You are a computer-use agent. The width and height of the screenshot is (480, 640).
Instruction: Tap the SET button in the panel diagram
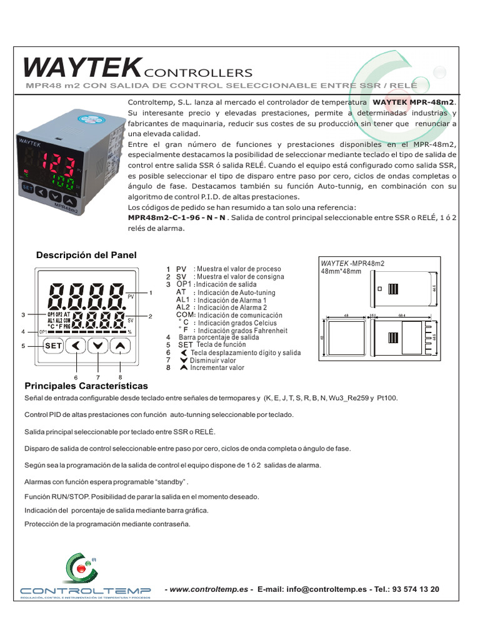tap(53, 345)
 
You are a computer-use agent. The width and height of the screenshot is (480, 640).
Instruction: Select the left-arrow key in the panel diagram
tap(76, 345)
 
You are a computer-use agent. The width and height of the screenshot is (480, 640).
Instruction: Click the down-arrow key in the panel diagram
tap(98, 345)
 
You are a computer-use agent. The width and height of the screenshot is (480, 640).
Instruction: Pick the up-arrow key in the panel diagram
tap(120, 345)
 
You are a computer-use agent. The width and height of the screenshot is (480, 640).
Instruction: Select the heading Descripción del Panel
tap(86, 255)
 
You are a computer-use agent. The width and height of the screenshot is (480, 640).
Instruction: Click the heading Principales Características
tap(86, 386)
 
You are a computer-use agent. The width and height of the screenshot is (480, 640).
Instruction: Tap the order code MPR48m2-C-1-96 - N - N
tap(176, 217)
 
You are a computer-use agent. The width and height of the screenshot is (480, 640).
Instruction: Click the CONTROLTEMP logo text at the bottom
tap(85, 591)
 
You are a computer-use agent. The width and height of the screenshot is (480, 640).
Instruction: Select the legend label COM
tap(186, 315)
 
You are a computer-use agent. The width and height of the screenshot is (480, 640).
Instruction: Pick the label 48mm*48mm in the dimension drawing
tap(341, 272)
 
